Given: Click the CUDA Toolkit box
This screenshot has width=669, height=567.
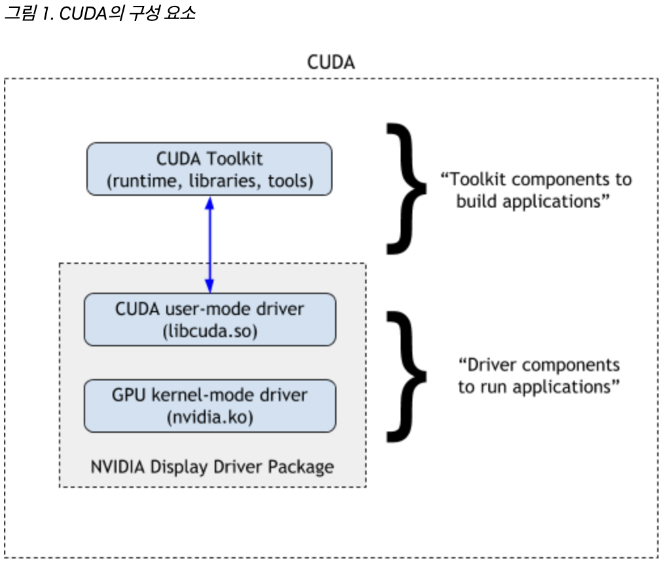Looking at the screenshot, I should [x=209, y=169].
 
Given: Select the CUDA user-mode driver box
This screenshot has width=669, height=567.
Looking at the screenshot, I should [x=209, y=319].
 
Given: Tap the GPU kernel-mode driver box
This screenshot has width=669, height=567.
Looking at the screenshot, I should [x=209, y=405].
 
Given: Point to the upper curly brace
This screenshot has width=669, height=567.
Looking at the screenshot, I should [x=407, y=189].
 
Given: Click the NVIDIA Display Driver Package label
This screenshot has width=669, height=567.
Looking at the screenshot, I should [x=212, y=467].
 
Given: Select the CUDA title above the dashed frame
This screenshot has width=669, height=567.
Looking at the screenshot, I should [x=331, y=63].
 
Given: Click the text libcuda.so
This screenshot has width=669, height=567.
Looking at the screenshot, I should [x=209, y=331].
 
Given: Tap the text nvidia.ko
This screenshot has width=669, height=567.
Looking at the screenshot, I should [x=209, y=418].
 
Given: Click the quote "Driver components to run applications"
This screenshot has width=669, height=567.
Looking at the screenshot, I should [x=538, y=375].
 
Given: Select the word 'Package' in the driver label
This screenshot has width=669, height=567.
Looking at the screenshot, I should [x=305, y=467].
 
